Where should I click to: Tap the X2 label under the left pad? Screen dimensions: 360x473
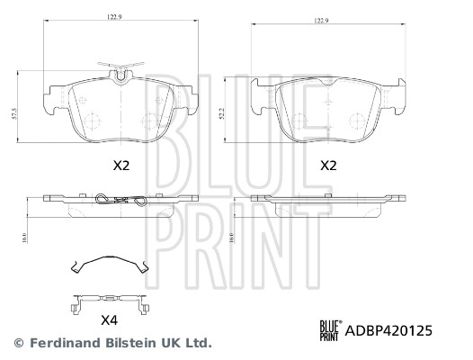pyautogui.click(x=120, y=166)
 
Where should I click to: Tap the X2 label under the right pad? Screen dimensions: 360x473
pyautogui.click(x=328, y=166)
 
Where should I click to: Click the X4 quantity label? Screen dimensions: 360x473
pyautogui.click(x=110, y=319)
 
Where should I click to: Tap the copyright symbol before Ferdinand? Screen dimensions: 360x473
pyautogui.click(x=20, y=343)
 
